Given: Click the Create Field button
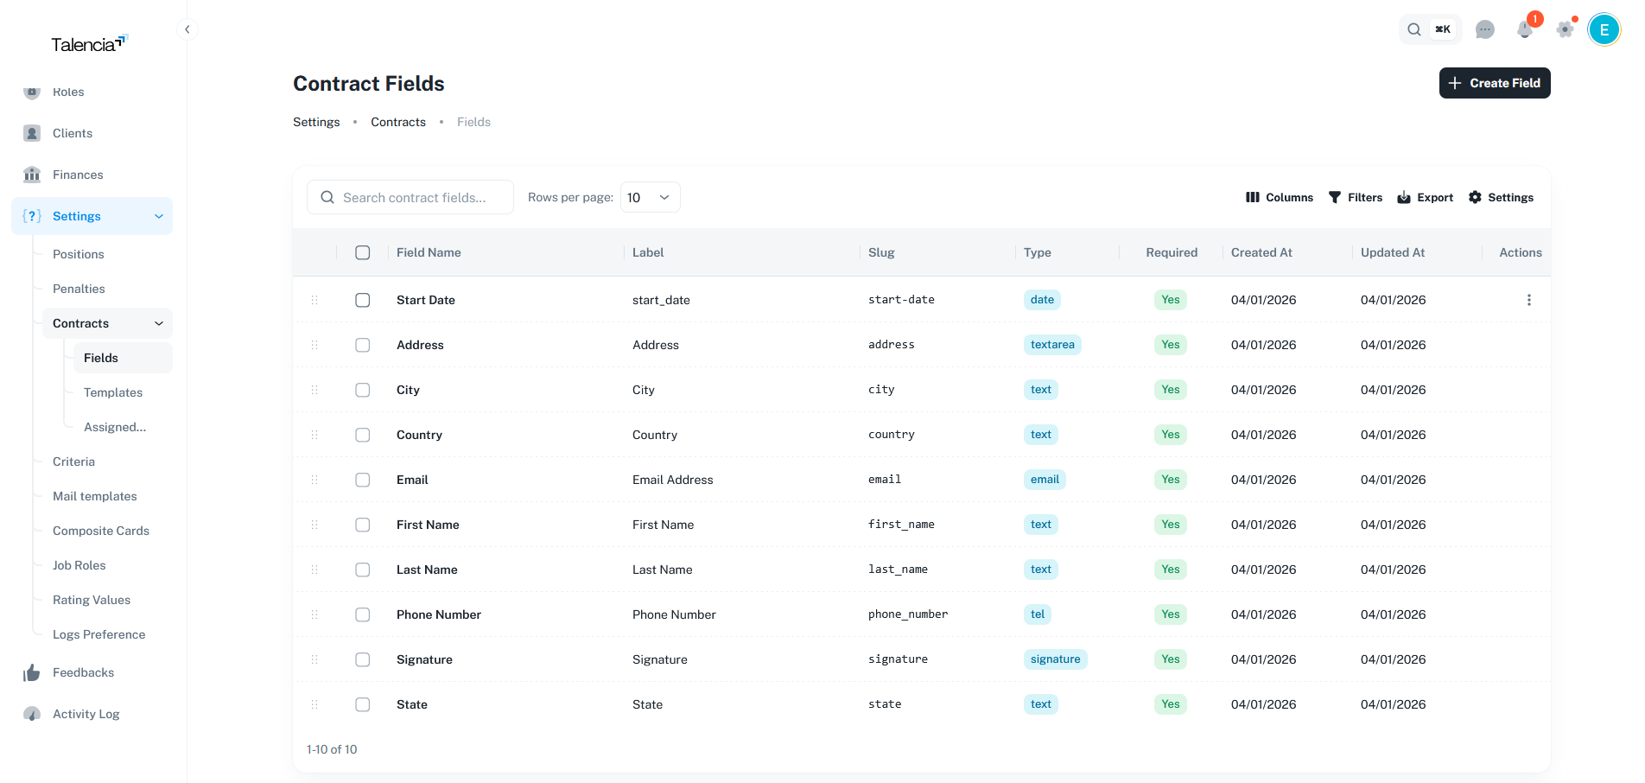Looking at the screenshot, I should pyautogui.click(x=1494, y=83).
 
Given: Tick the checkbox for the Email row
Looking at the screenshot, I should pyautogui.click(x=363, y=480).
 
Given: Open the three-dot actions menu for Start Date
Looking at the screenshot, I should pyautogui.click(x=1528, y=300).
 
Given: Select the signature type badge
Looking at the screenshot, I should pyautogui.click(x=1055, y=659).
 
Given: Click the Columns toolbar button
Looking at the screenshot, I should pyautogui.click(x=1279, y=198).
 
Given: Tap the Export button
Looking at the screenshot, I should pyautogui.click(x=1426, y=198).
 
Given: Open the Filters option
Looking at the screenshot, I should pyautogui.click(x=1355, y=198).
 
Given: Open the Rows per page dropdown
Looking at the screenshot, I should pyautogui.click(x=650, y=198).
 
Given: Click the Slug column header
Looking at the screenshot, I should pyautogui.click(x=881, y=252).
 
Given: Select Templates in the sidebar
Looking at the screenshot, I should pyautogui.click(x=113, y=392).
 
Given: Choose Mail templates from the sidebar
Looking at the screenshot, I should pyautogui.click(x=95, y=496).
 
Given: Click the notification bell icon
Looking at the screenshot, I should pyautogui.click(x=1525, y=29).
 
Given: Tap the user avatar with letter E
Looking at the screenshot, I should pyautogui.click(x=1604, y=29).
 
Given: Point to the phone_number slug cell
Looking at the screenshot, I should pyautogui.click(x=907, y=614).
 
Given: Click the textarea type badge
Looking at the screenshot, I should pyautogui.click(x=1052, y=345).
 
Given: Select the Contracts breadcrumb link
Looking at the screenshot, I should pyautogui.click(x=398, y=122).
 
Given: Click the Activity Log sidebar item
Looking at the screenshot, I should pyautogui.click(x=86, y=714).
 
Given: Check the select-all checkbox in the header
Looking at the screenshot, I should pyautogui.click(x=363, y=252).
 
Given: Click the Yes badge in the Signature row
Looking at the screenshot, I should pyautogui.click(x=1170, y=659).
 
